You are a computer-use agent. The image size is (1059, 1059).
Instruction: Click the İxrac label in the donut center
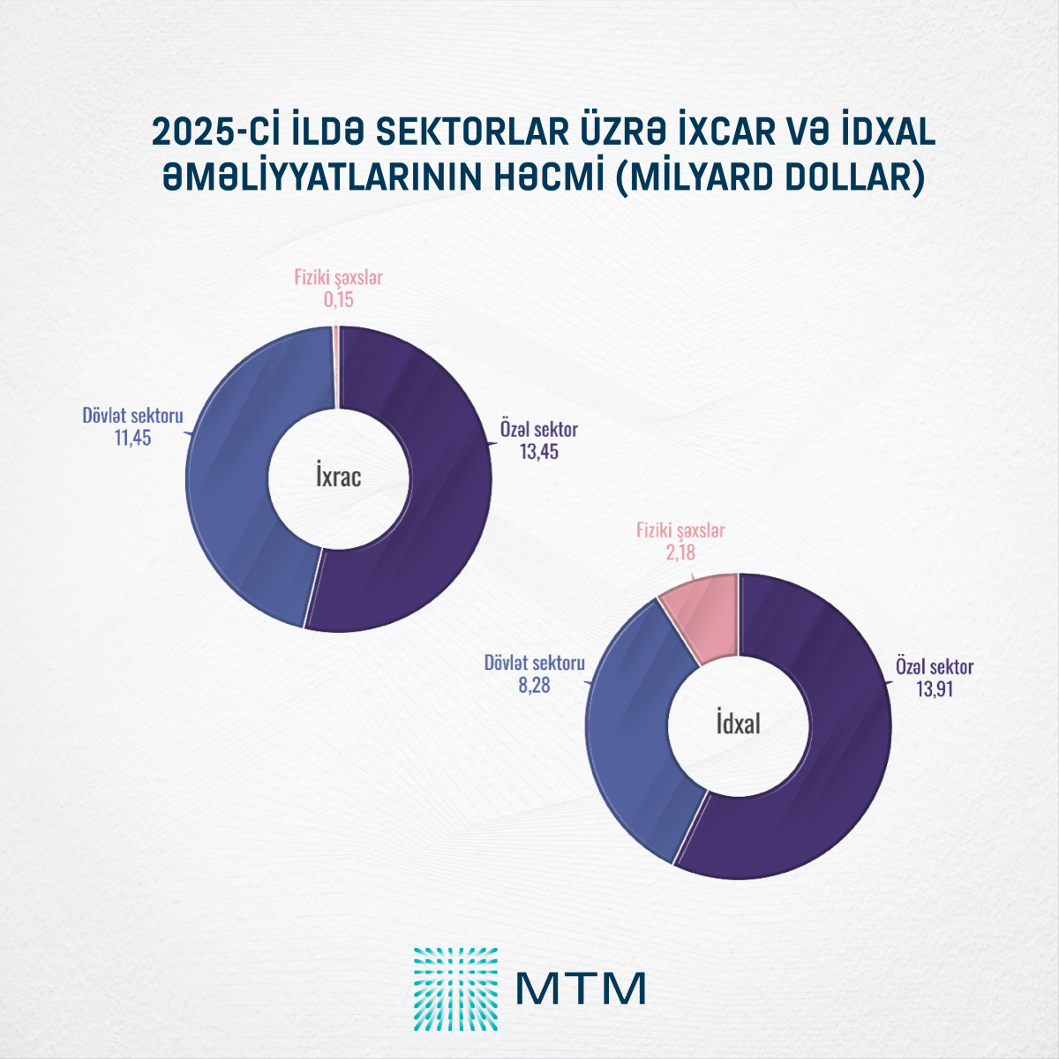pyautogui.click(x=339, y=477)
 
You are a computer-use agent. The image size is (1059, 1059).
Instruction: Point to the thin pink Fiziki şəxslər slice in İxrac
pyautogui.click(x=335, y=366)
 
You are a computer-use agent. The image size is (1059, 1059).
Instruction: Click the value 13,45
pyautogui.click(x=538, y=452)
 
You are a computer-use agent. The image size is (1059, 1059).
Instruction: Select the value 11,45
pyautogui.click(x=132, y=437)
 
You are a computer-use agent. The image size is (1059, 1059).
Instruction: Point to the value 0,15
pyautogui.click(x=338, y=300)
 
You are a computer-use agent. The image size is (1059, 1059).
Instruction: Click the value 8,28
pyautogui.click(x=534, y=685)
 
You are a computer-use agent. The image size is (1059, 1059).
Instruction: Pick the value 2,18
pyautogui.click(x=680, y=553)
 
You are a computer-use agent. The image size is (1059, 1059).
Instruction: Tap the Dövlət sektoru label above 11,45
pyautogui.click(x=132, y=415)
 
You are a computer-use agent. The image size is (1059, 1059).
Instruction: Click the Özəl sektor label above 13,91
pyautogui.click(x=934, y=666)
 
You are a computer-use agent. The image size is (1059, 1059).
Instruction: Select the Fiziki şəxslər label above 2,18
pyautogui.click(x=680, y=530)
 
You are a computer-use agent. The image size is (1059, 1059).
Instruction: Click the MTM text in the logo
pyautogui.click(x=581, y=989)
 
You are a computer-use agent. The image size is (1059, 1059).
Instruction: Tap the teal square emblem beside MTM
pyautogui.click(x=455, y=989)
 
